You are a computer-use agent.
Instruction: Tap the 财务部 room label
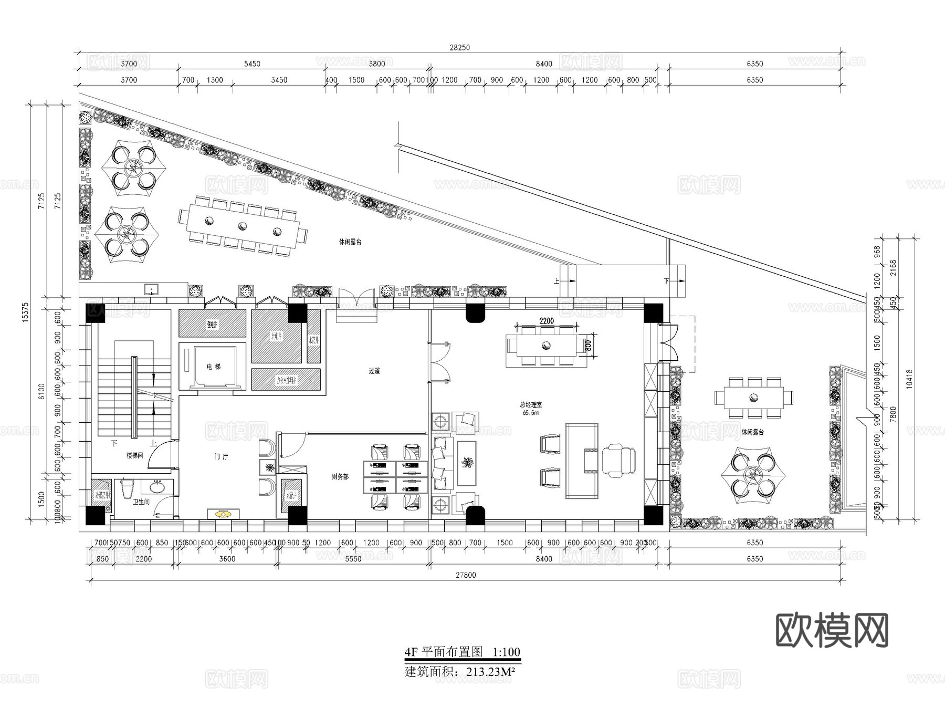tap(340, 477)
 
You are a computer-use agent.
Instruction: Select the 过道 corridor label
tap(374, 371)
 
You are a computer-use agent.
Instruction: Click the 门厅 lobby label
tap(221, 456)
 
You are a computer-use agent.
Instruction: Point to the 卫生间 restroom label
tap(141, 502)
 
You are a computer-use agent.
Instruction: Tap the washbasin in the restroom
tap(157, 487)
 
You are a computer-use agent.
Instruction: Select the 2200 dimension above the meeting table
tap(547, 321)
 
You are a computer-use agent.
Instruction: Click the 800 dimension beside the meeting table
tap(588, 345)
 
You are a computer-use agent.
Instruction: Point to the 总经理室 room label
tap(531, 405)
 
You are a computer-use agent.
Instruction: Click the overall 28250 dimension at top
tap(459, 47)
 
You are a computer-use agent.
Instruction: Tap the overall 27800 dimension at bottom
tap(466, 575)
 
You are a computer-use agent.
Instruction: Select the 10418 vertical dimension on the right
tap(909, 378)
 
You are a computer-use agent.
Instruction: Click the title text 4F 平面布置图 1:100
tap(462, 652)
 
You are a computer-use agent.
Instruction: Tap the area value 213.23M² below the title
tap(484, 672)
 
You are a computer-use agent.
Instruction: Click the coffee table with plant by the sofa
tap(466, 463)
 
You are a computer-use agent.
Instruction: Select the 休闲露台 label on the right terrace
tap(753, 432)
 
